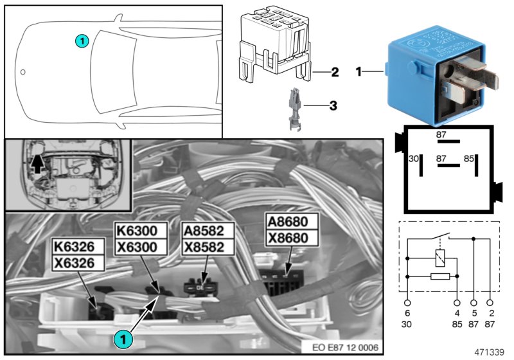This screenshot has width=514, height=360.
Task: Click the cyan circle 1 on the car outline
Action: (x=81, y=40)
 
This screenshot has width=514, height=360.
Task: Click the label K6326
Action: (x=76, y=248)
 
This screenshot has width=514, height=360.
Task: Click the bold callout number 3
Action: (x=333, y=104)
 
